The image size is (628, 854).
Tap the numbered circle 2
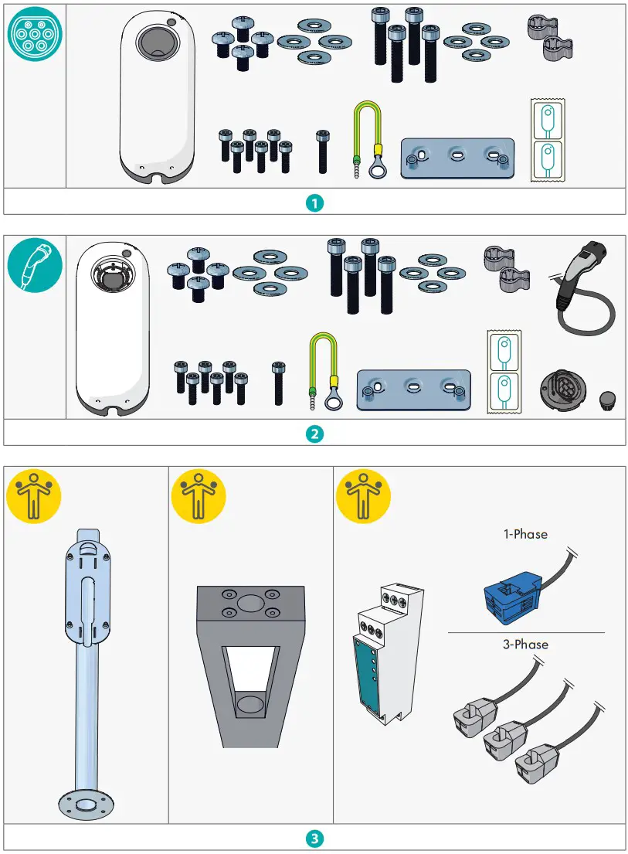point(314,434)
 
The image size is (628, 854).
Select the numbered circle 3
point(314,839)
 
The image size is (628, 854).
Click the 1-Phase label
point(525,533)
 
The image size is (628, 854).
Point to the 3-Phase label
point(525,645)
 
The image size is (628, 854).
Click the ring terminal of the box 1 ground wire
point(377,168)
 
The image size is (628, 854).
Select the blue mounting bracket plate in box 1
point(457,158)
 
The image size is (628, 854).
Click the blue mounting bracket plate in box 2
point(413,389)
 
